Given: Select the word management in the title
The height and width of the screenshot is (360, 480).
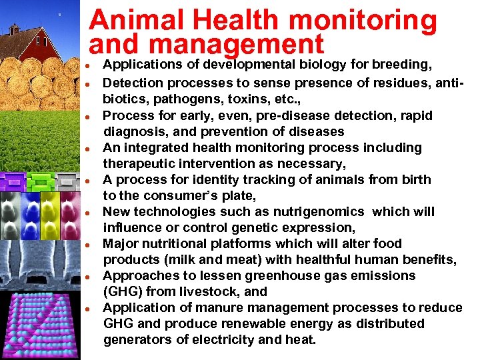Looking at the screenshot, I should coord(237,45).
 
